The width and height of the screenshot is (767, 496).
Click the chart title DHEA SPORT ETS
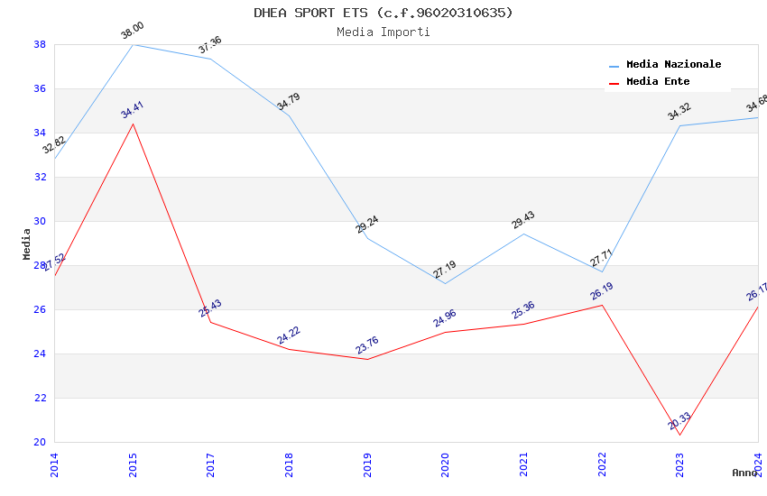pyautogui.click(x=383, y=13)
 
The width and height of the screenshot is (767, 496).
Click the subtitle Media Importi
pyautogui.click(x=383, y=32)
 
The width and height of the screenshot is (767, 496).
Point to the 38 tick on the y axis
pyautogui.click(x=40, y=44)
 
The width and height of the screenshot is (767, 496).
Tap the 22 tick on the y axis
pyautogui.click(x=40, y=398)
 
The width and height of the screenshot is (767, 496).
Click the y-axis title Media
pyautogui.click(x=27, y=243)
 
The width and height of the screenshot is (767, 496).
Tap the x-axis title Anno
pyautogui.click(x=744, y=473)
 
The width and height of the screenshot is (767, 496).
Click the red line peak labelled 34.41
pyautogui.click(x=133, y=124)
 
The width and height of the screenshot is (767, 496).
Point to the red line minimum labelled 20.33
pyautogui.click(x=679, y=435)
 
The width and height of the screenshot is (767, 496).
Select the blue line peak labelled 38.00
pyautogui.click(x=133, y=44)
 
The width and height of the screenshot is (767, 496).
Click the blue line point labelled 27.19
pyautogui.click(x=445, y=283)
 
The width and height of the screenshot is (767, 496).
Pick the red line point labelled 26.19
pyautogui.click(x=602, y=305)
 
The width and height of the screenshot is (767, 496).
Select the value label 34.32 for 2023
pyautogui.click(x=679, y=112)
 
